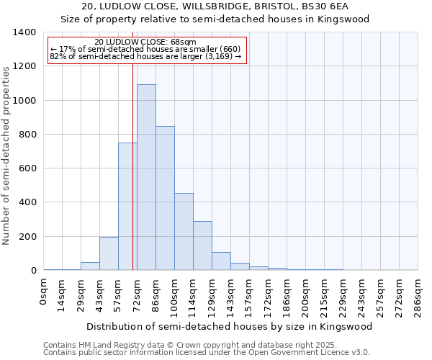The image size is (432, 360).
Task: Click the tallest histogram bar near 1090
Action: (x=146, y=177)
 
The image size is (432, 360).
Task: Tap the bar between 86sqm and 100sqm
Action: (x=165, y=198)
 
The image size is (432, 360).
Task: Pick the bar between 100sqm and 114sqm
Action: (x=184, y=232)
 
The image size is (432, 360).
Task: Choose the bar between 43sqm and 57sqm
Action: (x=109, y=253)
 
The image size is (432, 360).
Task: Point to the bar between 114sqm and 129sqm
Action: (x=202, y=246)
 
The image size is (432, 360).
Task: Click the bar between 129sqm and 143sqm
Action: (x=221, y=261)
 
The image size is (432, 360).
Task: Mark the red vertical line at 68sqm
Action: (x=132, y=166)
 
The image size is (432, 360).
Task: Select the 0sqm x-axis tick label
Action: (x=44, y=292)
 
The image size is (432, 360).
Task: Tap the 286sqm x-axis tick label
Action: (x=418, y=295)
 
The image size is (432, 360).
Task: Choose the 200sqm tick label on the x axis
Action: (x=305, y=295)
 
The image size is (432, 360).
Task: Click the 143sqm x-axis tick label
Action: (x=230, y=295)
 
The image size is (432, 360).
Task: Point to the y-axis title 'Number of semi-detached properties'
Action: (x=6, y=155)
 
